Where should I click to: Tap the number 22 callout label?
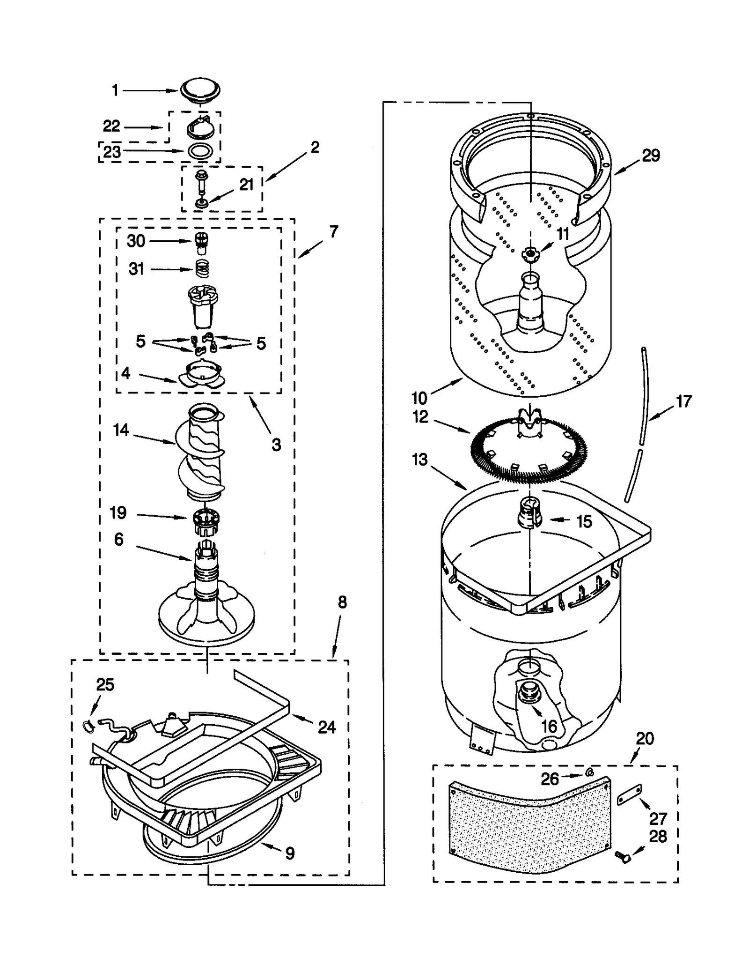pos(111,126)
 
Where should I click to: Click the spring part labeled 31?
pos(202,269)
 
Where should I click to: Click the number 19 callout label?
pos(118,512)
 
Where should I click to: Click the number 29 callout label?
pos(650,156)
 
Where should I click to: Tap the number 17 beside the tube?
pos(683,401)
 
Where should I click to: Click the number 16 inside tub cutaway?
pos(549,727)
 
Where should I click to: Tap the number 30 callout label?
pos(136,241)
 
